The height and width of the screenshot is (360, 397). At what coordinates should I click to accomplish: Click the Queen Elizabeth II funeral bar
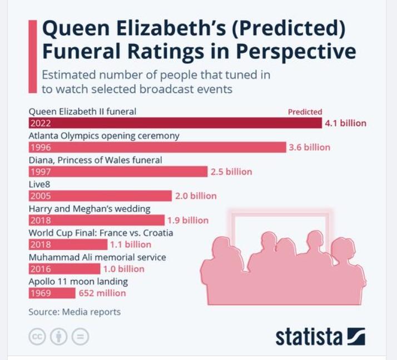(x=175, y=123)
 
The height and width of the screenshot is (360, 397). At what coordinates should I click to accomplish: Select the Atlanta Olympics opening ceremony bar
(x=157, y=147)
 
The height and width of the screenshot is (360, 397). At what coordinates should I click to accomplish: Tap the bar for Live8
(x=100, y=196)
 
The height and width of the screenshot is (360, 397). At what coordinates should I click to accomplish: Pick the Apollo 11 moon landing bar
(x=52, y=293)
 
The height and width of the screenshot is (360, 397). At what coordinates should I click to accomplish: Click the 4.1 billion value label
(x=345, y=123)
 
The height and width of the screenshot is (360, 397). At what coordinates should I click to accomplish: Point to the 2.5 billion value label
(x=231, y=172)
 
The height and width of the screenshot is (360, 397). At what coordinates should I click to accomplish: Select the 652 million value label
(x=102, y=293)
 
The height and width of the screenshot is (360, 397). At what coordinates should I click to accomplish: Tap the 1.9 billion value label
(x=188, y=220)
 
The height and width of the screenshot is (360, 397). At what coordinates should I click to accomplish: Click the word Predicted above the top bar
(x=305, y=112)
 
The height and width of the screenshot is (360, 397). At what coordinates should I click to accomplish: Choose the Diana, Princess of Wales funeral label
(x=95, y=160)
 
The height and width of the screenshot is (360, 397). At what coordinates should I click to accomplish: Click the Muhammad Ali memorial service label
(x=97, y=257)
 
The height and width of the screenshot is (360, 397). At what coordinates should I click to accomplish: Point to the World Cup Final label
(x=101, y=233)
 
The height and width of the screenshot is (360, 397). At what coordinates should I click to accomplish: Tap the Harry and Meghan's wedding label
(x=90, y=208)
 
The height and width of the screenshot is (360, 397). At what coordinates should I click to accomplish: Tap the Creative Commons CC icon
(x=37, y=336)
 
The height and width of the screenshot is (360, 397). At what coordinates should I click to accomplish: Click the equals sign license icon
(x=80, y=336)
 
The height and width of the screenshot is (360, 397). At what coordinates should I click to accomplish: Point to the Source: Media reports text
(x=75, y=312)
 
